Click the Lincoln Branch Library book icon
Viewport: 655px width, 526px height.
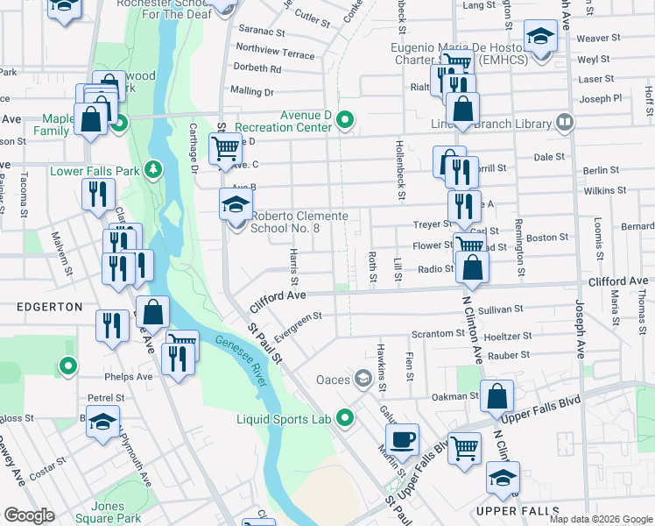pos(565,122)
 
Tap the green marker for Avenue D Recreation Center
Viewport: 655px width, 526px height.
pos(346,120)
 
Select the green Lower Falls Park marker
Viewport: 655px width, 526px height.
pos(154,167)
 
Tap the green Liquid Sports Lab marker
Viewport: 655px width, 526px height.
pos(345,418)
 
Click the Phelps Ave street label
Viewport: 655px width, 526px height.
pos(127,377)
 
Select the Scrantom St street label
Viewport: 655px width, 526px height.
pos(438,334)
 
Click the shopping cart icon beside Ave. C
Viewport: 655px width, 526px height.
pos(225,149)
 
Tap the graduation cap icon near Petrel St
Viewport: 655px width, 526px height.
pos(102,422)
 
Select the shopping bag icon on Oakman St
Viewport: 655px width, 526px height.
pos(497,396)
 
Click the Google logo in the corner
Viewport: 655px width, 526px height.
pos(30,515)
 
